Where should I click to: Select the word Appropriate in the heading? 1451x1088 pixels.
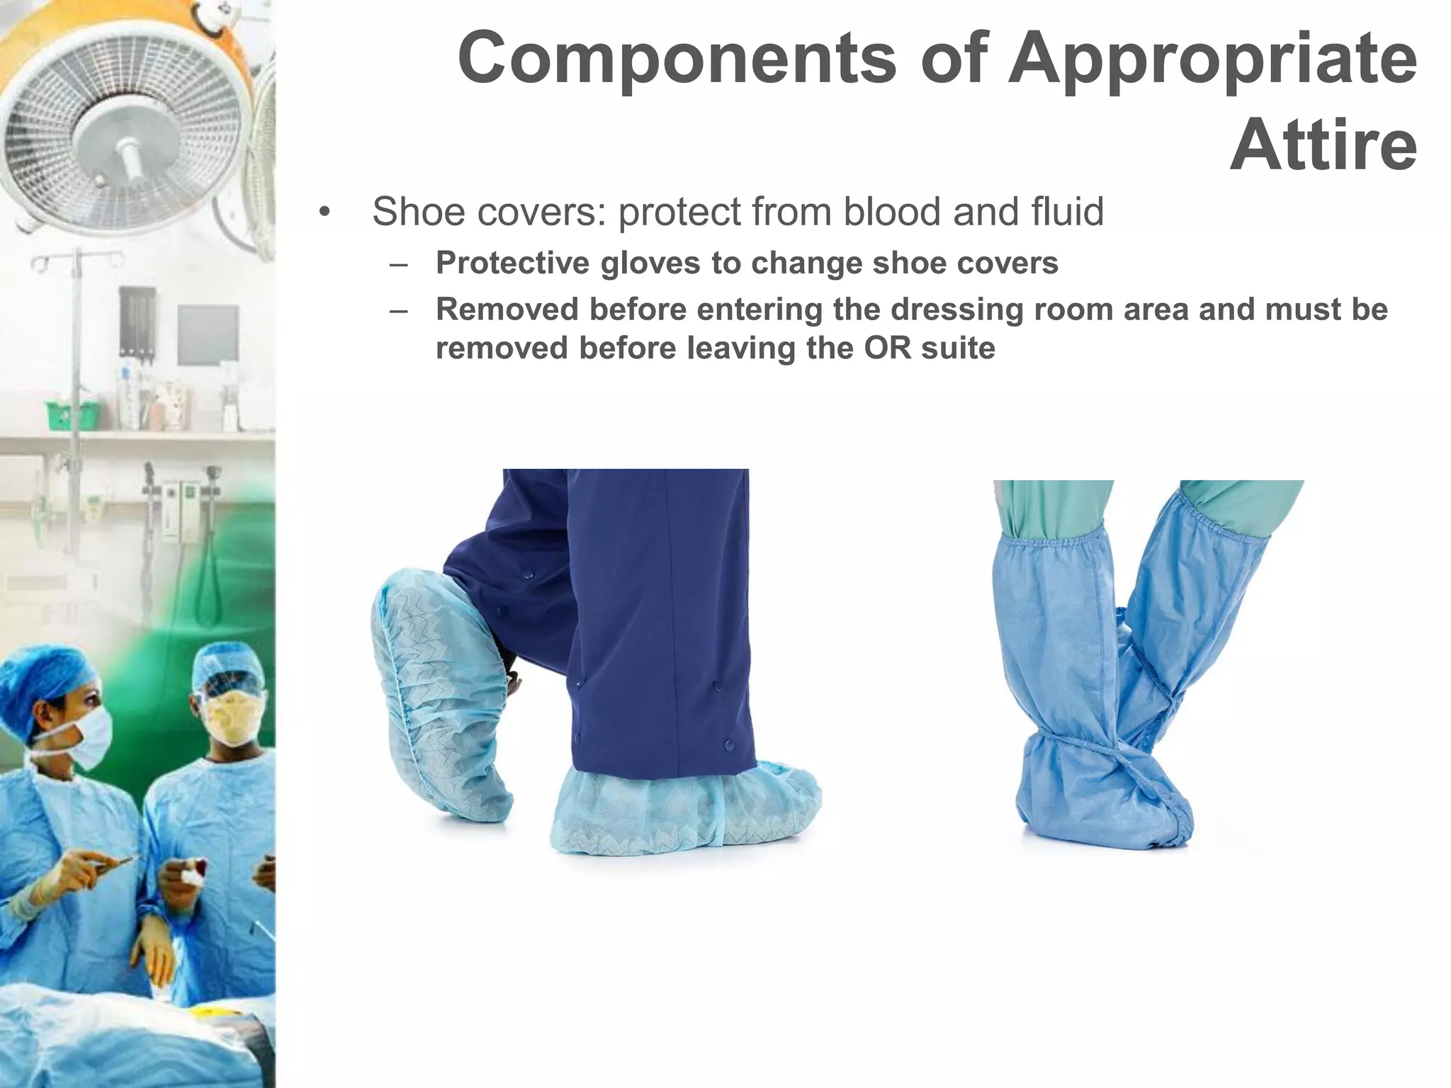1212,58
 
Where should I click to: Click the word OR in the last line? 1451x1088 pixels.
887,348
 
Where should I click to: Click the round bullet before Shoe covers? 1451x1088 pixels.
324,212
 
